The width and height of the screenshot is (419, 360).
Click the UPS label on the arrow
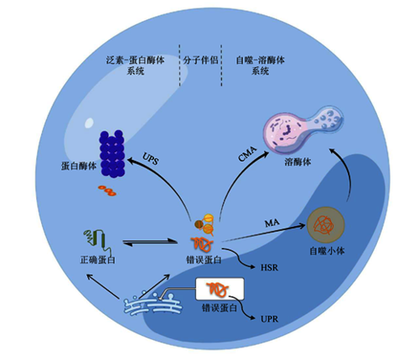pyautogui.click(x=151, y=159)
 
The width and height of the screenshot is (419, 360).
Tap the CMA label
pyautogui.click(x=247, y=154)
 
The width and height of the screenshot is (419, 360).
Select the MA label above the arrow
pyautogui.click(x=272, y=223)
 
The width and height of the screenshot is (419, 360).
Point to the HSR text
pyautogui.click(x=269, y=268)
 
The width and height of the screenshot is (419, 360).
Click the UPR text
pyautogui.click(x=269, y=319)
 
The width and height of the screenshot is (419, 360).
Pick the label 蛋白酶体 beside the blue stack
pyautogui.click(x=79, y=166)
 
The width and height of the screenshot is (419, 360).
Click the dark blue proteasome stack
pyautogui.click(x=112, y=154)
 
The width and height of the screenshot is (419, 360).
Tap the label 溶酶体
pyautogui.click(x=297, y=162)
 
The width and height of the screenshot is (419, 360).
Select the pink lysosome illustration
pyautogui.click(x=303, y=130)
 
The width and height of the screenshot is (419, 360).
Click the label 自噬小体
pyautogui.click(x=327, y=251)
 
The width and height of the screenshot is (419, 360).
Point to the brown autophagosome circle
pyautogui.click(x=326, y=225)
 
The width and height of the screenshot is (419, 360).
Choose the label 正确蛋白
pyautogui.click(x=98, y=260)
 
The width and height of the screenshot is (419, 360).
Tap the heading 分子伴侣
pyautogui.click(x=200, y=60)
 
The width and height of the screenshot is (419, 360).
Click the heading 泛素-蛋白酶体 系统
pyautogui.click(x=135, y=65)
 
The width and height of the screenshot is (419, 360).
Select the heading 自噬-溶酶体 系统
pyautogui.click(x=261, y=65)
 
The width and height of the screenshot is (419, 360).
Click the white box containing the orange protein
pyautogui.click(x=220, y=289)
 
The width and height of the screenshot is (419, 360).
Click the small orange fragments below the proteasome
pyautogui.click(x=107, y=191)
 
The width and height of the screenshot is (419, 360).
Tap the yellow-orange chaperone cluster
pyautogui.click(x=204, y=224)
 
